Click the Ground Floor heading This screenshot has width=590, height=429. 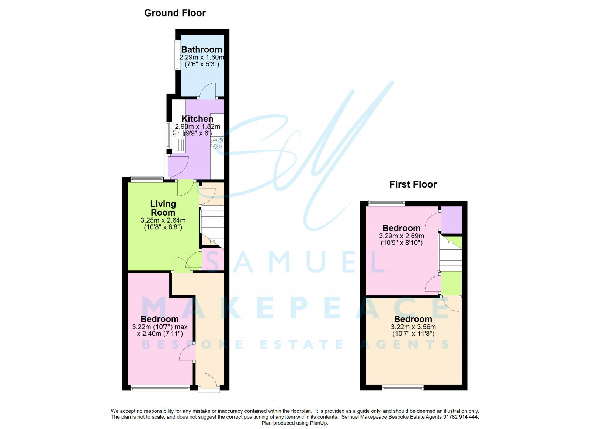(175, 13)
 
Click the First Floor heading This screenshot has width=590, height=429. (413, 184)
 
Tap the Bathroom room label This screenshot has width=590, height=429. (201, 49)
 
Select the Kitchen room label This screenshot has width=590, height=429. (197, 119)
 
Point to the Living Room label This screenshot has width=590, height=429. (163, 208)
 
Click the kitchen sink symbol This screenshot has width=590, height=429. (179, 139)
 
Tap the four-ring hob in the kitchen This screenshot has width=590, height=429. (218, 143)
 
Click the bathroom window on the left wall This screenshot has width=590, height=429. (177, 55)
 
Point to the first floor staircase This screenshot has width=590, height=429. (450, 254)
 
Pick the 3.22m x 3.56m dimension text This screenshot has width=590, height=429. (413, 327)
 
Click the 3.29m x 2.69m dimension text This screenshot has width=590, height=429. (401, 236)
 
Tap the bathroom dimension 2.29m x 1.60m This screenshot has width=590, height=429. (201, 57)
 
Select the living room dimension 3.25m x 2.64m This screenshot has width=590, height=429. (163, 220)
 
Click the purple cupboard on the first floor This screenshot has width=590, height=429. (451, 220)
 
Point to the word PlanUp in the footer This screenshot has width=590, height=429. (319, 423)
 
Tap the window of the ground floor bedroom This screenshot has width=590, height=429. (160, 388)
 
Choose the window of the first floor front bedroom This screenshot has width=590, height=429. (403, 388)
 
